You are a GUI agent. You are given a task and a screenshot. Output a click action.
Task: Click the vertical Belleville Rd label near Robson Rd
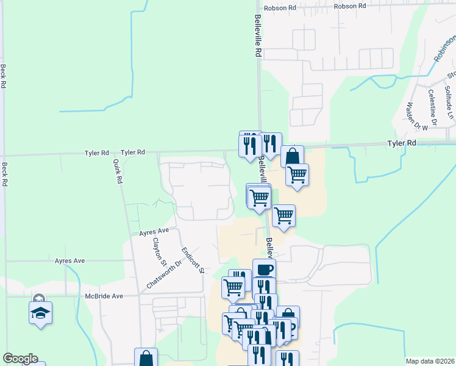point(258,36)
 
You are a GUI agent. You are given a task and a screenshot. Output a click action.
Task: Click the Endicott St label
point(191,260)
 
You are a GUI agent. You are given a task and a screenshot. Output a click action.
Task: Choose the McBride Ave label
point(104,296)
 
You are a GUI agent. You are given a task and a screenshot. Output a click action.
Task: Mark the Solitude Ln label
point(449,102)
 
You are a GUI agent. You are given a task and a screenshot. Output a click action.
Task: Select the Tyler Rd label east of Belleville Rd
point(402,143)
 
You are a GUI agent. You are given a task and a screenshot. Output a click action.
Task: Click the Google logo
point(20,359)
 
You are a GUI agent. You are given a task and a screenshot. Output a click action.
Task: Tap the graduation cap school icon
point(40,312)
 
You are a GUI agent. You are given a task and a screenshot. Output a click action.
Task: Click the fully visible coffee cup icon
point(264,270)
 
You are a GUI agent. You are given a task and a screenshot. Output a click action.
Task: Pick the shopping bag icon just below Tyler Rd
point(292,156)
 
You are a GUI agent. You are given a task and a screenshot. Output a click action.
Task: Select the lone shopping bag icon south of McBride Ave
point(146,359)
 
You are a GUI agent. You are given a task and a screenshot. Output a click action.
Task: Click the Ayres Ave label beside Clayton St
point(154,232)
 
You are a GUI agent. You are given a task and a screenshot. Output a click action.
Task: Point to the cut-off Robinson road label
point(444,48)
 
